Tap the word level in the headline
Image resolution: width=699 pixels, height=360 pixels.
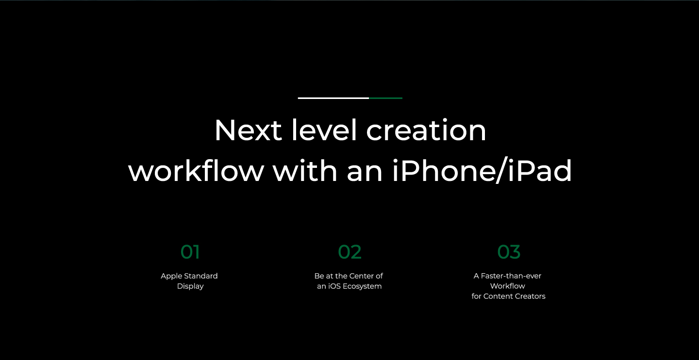324,129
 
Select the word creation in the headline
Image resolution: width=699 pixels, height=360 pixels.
426,130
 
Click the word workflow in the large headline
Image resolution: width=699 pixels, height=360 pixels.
196,170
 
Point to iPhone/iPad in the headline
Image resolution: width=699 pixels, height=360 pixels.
482,170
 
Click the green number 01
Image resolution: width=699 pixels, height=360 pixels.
190,252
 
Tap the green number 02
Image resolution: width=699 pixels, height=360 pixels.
349,252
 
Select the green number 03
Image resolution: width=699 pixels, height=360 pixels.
509,252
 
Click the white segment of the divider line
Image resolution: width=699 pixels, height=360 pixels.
333,98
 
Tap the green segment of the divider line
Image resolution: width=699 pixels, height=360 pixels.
386,98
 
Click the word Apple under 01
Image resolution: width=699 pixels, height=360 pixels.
171,277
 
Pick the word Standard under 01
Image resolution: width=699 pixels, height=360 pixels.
201,276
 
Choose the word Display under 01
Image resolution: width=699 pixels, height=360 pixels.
190,286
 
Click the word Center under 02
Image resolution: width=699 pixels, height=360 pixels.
361,276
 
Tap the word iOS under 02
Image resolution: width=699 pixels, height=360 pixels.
334,286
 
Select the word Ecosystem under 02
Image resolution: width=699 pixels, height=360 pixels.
362,286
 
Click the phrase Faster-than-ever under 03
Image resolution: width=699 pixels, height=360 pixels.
511,276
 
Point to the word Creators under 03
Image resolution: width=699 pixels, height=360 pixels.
530,296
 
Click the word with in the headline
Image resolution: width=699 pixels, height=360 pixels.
305,170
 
